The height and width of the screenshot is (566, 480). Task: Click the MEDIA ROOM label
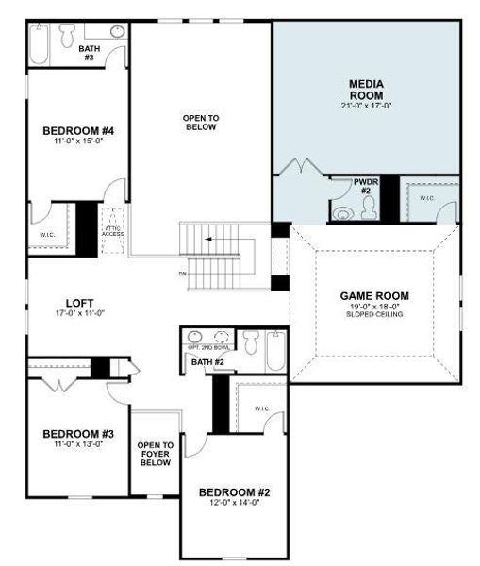366,89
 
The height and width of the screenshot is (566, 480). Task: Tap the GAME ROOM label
374,295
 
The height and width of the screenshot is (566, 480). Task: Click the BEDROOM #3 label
78,434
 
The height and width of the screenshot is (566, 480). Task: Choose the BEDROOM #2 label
237,493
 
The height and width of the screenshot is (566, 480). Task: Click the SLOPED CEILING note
374,314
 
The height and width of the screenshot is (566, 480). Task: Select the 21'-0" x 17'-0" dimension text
366,107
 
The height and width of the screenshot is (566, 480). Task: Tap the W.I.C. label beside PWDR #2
426,198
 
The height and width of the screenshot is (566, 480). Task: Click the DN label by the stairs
181,275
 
